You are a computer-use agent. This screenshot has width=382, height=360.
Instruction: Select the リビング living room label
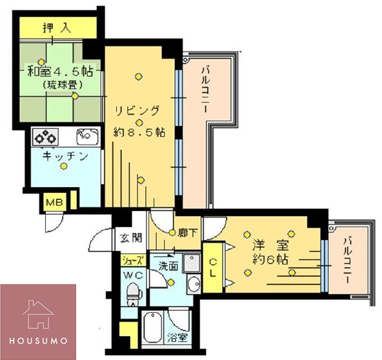[x=136, y=110]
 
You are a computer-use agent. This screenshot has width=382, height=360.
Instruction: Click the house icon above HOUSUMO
[x=38, y=314]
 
